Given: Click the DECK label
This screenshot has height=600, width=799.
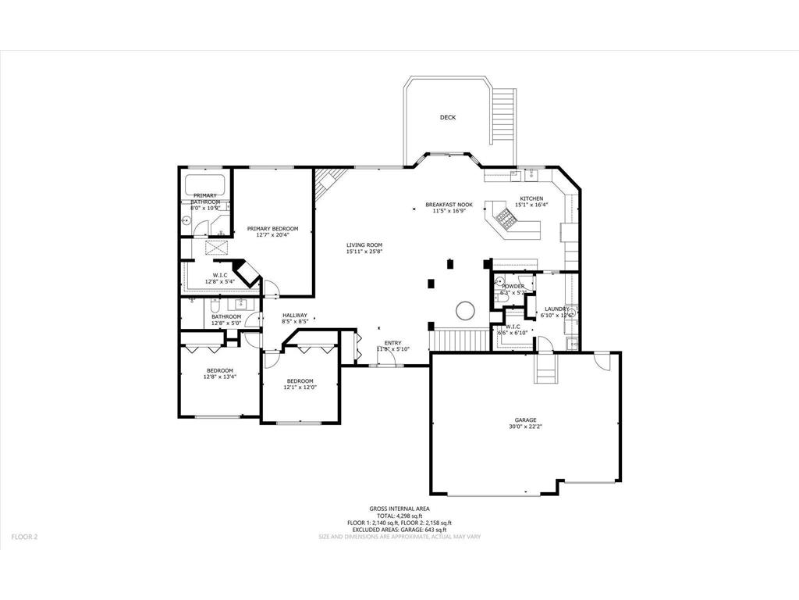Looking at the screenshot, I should (x=447, y=118).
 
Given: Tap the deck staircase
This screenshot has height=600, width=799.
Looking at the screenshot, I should (x=505, y=116).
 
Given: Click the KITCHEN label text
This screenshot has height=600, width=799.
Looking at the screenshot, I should (x=531, y=198).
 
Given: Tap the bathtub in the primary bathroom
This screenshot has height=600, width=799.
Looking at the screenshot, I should (x=205, y=186).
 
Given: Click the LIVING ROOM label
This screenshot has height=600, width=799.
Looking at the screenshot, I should (x=364, y=245).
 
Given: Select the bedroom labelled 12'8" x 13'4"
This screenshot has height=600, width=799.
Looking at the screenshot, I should (x=220, y=373).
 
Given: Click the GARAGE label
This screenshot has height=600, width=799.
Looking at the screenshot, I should (x=525, y=420).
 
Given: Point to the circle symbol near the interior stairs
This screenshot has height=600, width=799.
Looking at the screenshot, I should (x=465, y=310).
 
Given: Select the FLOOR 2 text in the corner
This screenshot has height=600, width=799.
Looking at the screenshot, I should (x=24, y=537).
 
